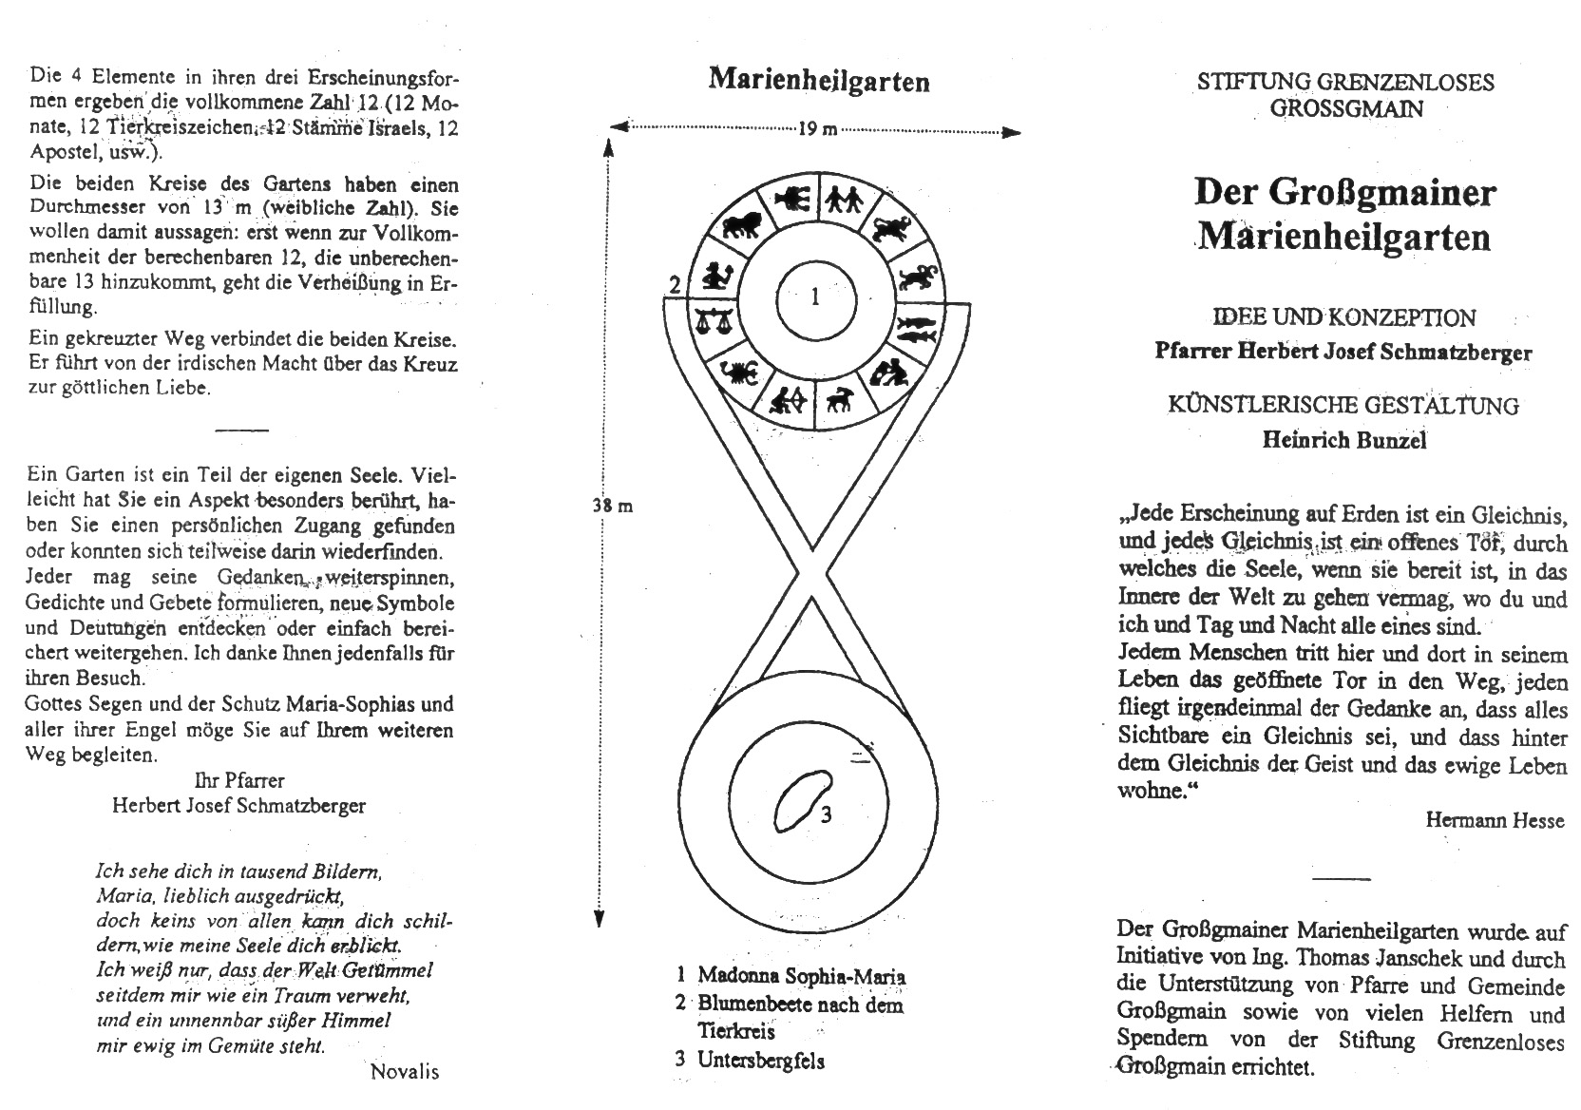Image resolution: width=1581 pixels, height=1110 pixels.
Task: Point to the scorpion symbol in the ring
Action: (x=739, y=373)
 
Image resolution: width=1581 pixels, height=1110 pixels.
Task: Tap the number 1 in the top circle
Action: (x=815, y=298)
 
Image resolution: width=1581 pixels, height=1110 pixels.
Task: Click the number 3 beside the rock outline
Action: (x=827, y=814)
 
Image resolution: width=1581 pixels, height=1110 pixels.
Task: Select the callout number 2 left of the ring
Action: (x=674, y=284)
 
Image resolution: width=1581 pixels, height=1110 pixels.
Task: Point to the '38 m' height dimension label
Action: (x=613, y=506)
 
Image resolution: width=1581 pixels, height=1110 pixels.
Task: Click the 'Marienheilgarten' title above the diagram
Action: (x=818, y=80)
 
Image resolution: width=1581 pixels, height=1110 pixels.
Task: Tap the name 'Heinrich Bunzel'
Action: (x=1343, y=440)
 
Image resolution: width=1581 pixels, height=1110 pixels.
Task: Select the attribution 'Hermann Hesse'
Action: (x=1494, y=820)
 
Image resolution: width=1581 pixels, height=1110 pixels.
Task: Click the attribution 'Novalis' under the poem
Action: (x=405, y=1072)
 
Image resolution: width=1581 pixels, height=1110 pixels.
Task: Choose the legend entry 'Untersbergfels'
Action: (x=760, y=1061)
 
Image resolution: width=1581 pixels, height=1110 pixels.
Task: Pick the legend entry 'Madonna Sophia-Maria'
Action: (x=801, y=976)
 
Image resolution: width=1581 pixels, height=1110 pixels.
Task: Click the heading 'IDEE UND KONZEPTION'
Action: (x=1343, y=317)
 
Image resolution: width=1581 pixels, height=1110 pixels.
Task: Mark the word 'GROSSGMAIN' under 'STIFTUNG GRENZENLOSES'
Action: (x=1345, y=108)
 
